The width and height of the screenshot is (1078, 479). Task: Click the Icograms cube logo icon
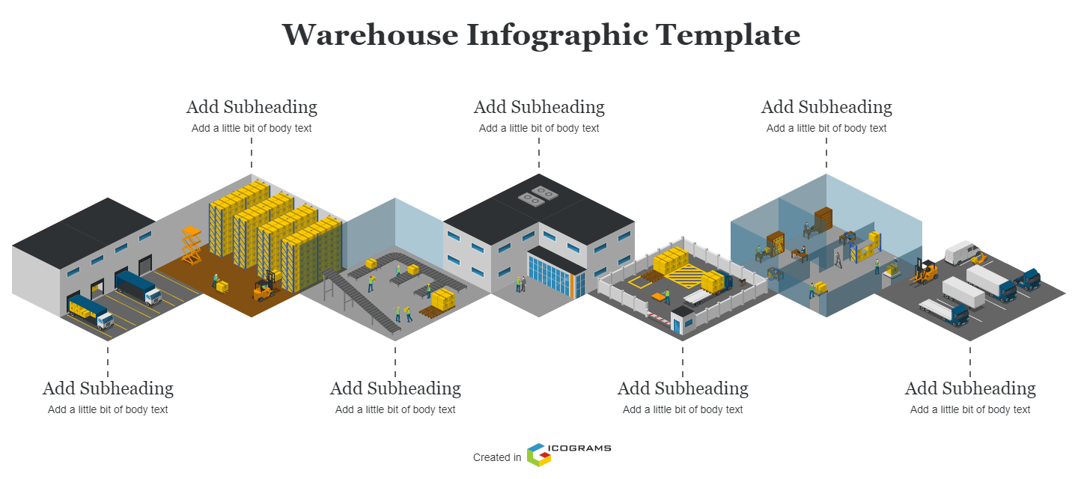pyautogui.click(x=538, y=454)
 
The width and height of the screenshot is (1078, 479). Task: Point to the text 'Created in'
pyautogui.click(x=497, y=457)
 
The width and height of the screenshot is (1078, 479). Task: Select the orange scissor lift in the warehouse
pyautogui.click(x=191, y=245)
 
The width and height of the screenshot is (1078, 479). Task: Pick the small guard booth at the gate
pyautogui.click(x=682, y=320)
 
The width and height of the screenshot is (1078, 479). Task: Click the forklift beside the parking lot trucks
pyautogui.click(x=926, y=272)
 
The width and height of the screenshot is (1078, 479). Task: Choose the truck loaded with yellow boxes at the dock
pyautogui.click(x=90, y=311)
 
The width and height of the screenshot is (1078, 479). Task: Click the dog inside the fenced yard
pyautogui.click(x=741, y=282)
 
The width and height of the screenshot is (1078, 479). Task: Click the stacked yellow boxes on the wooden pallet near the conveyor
pyautogui.click(x=442, y=299)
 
